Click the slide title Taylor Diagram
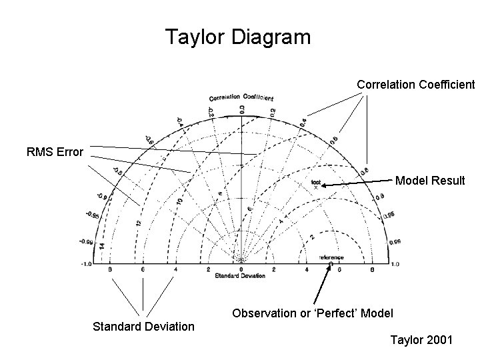[x=238, y=37]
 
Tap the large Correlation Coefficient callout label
[x=415, y=85]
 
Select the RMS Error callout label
[x=55, y=152]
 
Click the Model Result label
[x=430, y=180]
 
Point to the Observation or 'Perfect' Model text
[x=313, y=313]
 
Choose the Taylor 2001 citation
[x=421, y=341]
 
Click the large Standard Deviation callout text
[x=143, y=327]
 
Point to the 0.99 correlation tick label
[x=395, y=242]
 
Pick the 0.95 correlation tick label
[x=389, y=215]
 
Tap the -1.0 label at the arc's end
[x=86, y=264]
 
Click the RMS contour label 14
[x=103, y=247]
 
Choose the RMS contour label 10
[x=179, y=200]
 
